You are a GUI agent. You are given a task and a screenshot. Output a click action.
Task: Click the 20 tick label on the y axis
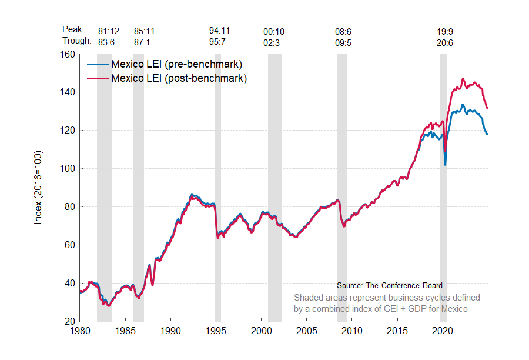[x=69, y=321]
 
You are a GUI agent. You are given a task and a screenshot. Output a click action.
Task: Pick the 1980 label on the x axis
[x=80, y=331]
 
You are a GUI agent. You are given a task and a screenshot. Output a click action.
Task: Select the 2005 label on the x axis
[x=307, y=331]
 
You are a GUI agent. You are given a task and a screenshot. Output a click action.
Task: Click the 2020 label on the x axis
[x=443, y=331]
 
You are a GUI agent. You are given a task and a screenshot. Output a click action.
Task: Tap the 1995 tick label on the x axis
[x=216, y=331]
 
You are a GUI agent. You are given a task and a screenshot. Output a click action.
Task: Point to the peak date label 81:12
[x=109, y=31]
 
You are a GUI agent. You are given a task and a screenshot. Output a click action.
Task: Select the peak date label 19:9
[x=445, y=31]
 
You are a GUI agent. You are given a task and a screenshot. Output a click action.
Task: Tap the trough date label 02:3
[x=274, y=43]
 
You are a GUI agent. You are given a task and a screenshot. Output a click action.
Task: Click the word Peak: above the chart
[x=73, y=29]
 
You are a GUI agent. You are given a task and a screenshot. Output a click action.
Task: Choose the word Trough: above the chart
[x=76, y=41]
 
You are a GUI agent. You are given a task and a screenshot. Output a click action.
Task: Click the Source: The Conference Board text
[x=390, y=286]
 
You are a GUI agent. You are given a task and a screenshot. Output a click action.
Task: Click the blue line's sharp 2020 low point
[x=445, y=165]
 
